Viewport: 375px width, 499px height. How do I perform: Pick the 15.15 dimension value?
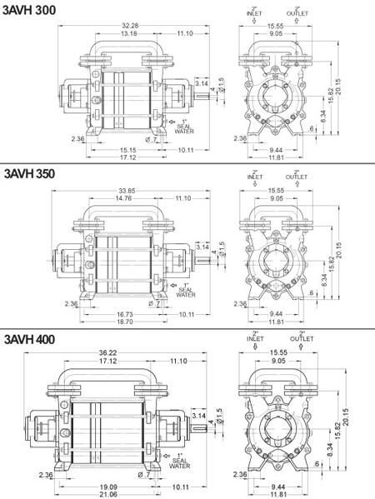point(127,150)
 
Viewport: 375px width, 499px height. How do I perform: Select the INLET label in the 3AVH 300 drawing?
point(255,15)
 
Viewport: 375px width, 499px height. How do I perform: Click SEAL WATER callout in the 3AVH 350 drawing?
point(185,289)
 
